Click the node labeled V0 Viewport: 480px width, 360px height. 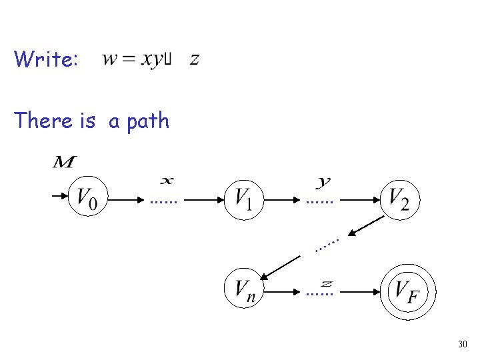click(87, 197)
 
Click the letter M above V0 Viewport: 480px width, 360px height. click(65, 162)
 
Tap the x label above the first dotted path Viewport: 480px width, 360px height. click(167, 180)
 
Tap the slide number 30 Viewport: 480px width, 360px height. click(462, 344)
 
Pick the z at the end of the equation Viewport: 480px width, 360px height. click(194, 59)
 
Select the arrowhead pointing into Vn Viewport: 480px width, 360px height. click(265, 275)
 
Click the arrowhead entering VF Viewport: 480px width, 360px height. click(378, 291)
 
